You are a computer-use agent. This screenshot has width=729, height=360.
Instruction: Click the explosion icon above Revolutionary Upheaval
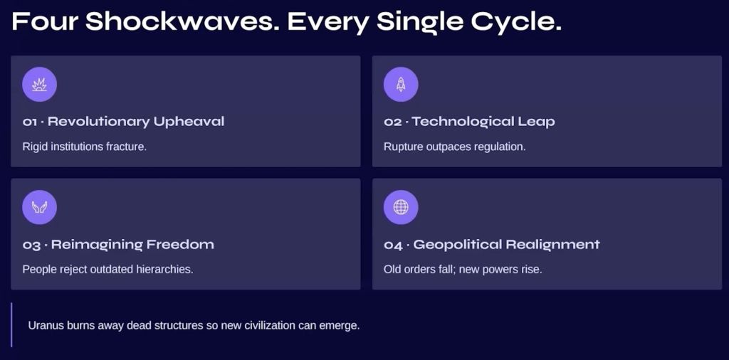pos(40,84)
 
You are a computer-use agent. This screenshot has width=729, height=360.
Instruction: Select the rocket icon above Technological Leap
pos(401,84)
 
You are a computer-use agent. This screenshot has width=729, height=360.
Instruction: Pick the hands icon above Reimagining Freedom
pos(40,207)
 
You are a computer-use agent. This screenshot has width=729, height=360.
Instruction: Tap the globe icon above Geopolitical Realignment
pos(401,207)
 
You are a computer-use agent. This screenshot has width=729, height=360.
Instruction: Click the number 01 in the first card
pos(30,122)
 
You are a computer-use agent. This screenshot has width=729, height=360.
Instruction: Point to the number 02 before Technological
pos(392,122)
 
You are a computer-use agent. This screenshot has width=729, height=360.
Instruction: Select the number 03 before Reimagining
pos(31,245)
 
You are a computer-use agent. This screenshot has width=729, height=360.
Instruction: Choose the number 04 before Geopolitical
pos(393,245)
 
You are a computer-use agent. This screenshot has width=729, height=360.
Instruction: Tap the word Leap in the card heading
pos(536,122)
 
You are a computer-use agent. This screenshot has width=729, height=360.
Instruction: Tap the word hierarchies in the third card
pos(169,270)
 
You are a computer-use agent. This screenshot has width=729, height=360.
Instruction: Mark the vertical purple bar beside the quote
pos(11,324)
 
